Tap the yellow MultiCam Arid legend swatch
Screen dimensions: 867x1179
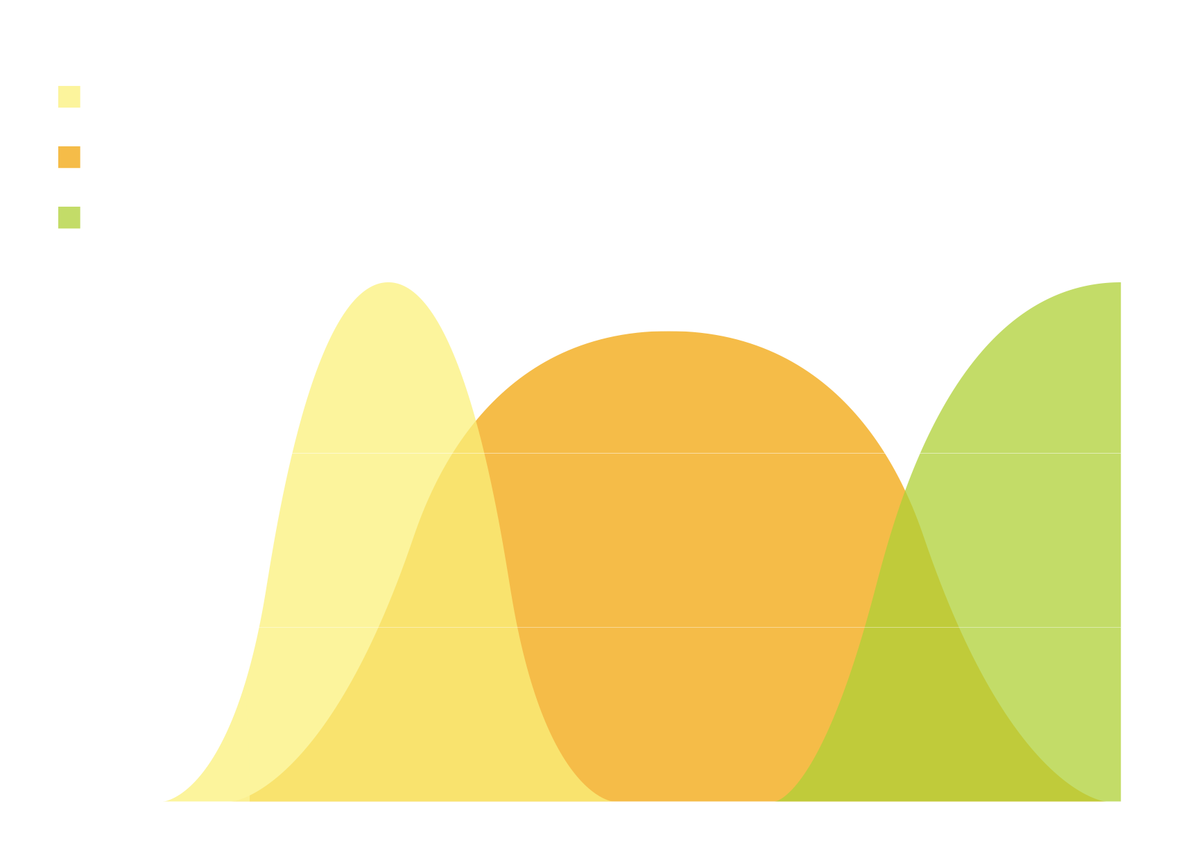(x=69, y=97)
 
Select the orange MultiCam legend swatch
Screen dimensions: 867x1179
(x=69, y=157)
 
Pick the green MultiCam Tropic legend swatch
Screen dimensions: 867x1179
(x=69, y=218)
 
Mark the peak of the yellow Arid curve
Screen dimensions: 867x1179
(x=390, y=283)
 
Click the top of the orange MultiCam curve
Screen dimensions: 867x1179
(x=666, y=332)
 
